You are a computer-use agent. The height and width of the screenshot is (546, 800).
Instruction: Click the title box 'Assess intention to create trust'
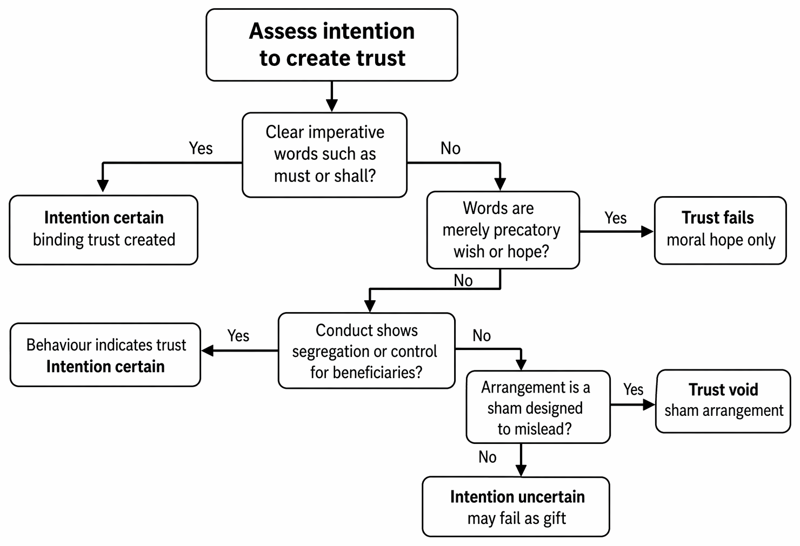(x=332, y=45)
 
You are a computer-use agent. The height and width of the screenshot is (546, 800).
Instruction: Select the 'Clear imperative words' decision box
(x=325, y=155)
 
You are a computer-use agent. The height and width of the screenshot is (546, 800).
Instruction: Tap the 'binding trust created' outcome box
(x=104, y=230)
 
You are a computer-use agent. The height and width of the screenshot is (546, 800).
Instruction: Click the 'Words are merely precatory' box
(x=503, y=230)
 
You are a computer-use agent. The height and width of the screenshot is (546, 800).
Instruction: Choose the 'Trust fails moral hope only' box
(x=721, y=231)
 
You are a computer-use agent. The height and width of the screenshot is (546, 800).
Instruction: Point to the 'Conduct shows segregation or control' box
(x=366, y=350)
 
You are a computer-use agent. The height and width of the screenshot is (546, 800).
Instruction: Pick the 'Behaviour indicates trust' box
(x=105, y=355)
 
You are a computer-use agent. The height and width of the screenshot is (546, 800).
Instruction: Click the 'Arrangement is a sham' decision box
(x=538, y=407)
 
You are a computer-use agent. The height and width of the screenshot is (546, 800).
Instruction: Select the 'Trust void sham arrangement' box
(x=723, y=401)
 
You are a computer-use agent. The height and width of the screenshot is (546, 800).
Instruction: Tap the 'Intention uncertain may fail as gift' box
(x=516, y=507)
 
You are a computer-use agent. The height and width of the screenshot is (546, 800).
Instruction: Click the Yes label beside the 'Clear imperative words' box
(x=201, y=148)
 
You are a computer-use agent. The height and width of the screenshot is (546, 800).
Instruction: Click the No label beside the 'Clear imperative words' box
(x=450, y=148)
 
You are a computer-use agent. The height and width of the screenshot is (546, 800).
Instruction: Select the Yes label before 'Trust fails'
(x=615, y=218)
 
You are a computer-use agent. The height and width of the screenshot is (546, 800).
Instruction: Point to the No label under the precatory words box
(x=463, y=280)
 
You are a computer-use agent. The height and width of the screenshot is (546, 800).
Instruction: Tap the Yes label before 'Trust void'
(x=633, y=389)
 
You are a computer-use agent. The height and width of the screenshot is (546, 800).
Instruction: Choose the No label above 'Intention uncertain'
(x=488, y=457)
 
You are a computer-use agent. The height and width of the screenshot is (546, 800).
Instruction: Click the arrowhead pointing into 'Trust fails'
(x=648, y=231)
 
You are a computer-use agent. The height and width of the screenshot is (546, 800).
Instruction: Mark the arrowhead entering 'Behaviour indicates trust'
(x=208, y=350)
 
